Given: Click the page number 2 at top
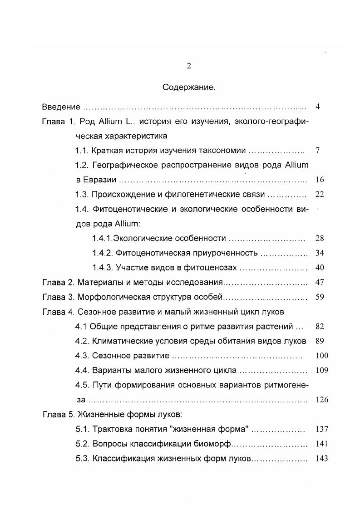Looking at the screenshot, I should point(189,66).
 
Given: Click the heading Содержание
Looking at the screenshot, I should point(189,88).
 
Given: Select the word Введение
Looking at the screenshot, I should point(61,107).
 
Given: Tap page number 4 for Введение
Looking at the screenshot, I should point(318,107).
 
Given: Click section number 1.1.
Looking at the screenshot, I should point(82,151).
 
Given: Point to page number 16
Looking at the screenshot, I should point(320,180).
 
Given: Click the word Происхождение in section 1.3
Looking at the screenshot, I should point(119,195).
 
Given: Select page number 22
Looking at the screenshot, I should point(320,195).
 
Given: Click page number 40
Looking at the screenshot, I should point(320,268).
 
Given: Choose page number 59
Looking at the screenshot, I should point(320,297).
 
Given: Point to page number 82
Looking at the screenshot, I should point(320,327).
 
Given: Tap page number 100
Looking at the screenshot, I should point(321,356).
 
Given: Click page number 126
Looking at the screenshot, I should point(321,400).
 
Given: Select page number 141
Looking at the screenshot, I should point(321,444).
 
